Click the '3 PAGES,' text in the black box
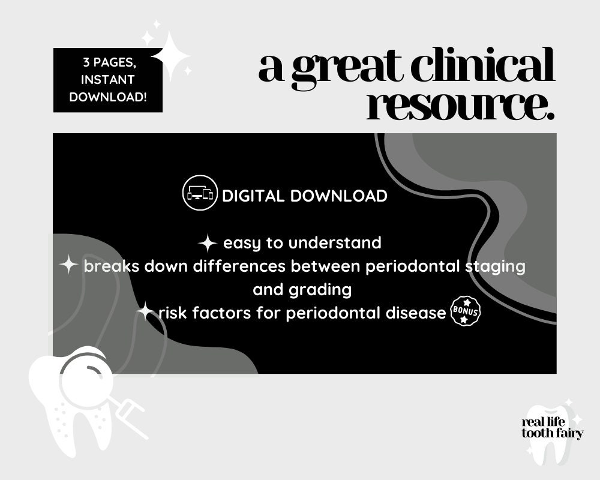click(108, 62)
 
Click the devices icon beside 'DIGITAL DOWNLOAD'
click(200, 193)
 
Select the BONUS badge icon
click(465, 312)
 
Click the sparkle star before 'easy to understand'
click(208, 244)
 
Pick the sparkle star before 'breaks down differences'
click(70, 265)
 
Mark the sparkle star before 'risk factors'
click(145, 311)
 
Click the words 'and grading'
click(302, 290)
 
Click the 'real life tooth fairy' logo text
click(552, 428)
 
